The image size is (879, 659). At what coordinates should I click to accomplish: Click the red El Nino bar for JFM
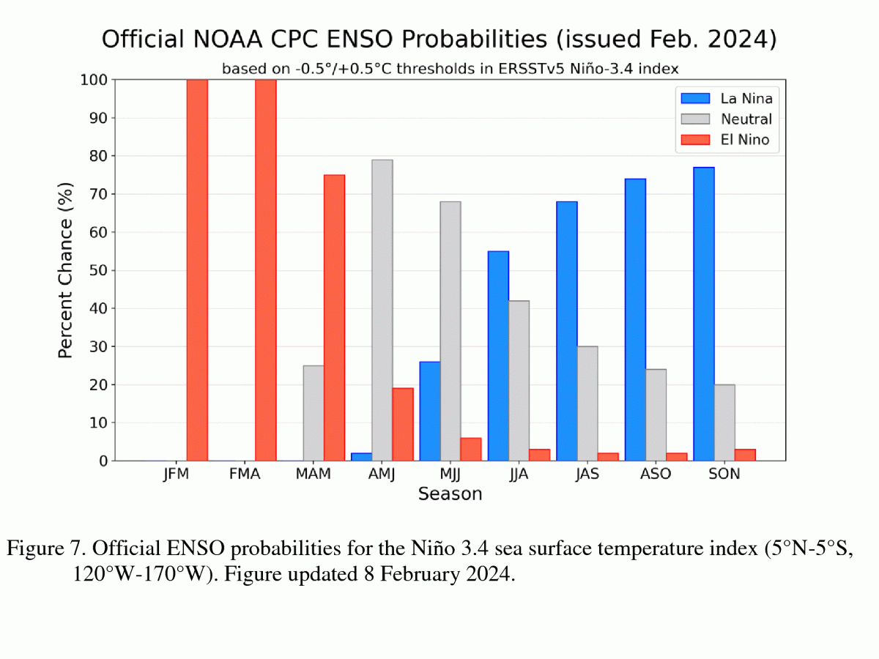pyautogui.click(x=197, y=270)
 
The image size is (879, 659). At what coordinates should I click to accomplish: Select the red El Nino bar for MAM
pyautogui.click(x=334, y=318)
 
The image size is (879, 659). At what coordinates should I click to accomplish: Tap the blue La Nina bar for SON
pyautogui.click(x=704, y=314)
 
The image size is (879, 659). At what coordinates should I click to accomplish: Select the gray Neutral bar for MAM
pyautogui.click(x=313, y=413)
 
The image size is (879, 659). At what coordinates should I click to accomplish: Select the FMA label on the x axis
pyautogui.click(x=245, y=474)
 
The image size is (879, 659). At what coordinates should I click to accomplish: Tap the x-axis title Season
pyautogui.click(x=450, y=494)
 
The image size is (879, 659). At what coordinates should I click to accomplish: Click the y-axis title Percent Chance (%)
pyautogui.click(x=66, y=270)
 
